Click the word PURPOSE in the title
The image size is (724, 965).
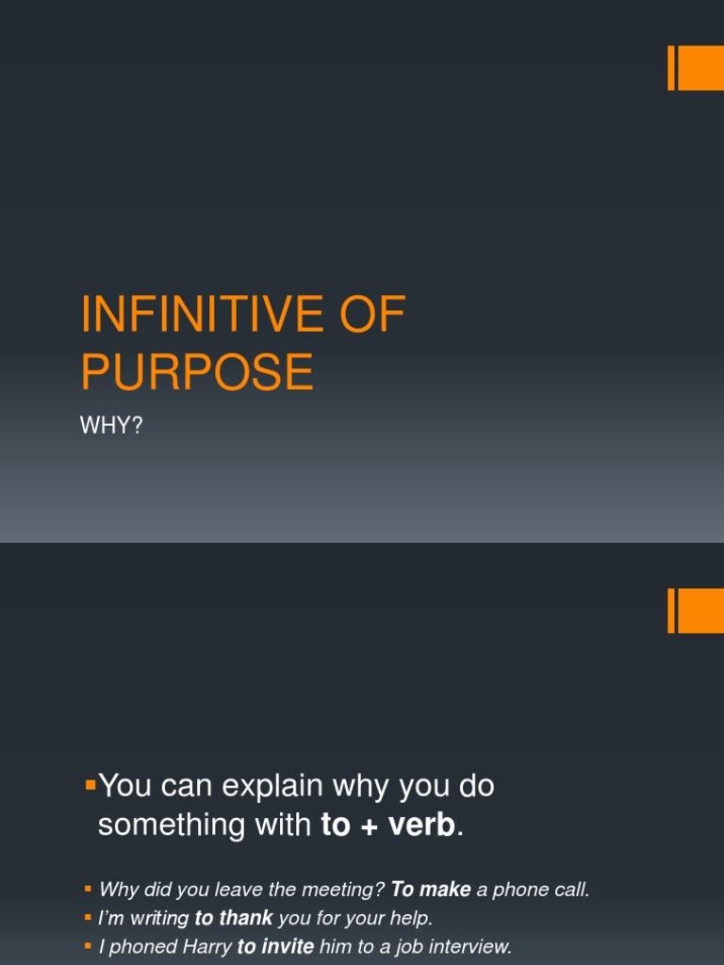[196, 371]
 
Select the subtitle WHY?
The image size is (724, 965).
[111, 425]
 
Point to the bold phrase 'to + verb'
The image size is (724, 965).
[388, 826]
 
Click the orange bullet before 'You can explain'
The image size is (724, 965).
[90, 784]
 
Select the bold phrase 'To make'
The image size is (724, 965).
[431, 890]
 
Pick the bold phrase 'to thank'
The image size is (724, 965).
[233, 918]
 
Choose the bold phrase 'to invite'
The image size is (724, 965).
[275, 946]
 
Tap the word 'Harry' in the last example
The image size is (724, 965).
[206, 946]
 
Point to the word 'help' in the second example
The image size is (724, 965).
[412, 918]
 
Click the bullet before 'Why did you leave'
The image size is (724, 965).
[88, 889]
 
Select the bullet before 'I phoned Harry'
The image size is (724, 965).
[88, 945]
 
